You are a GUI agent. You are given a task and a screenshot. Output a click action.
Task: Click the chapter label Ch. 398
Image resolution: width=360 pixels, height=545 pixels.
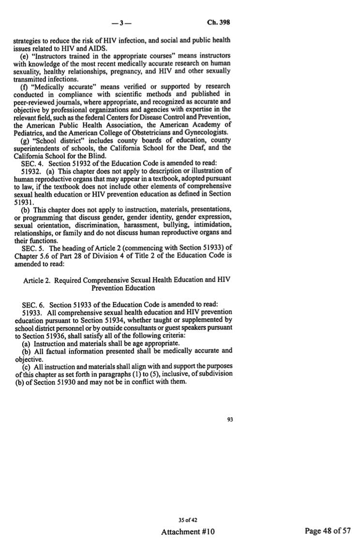[218, 22]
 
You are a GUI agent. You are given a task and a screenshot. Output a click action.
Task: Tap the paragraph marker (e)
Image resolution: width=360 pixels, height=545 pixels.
[25, 56]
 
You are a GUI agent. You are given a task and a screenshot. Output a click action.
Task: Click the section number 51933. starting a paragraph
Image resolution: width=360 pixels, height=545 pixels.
[32, 312]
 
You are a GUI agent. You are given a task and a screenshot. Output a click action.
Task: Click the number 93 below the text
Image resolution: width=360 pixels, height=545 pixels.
[230, 419]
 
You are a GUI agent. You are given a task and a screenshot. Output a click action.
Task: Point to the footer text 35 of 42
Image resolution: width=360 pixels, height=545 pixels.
[188, 520]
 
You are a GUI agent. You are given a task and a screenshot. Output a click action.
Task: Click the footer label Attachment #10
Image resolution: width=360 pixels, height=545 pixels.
[188, 531]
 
